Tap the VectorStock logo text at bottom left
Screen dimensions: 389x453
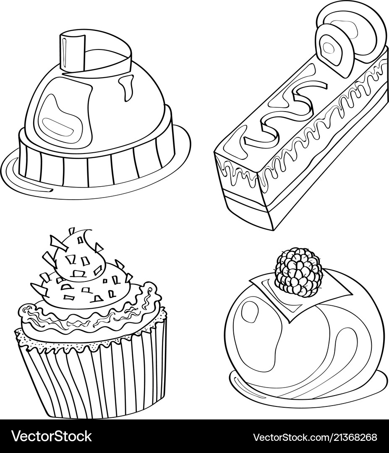coord(52,436)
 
